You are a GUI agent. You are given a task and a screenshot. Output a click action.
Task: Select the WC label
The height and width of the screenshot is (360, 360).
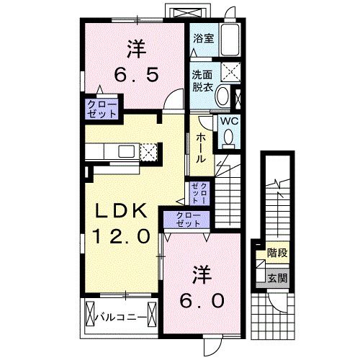tap(228, 121)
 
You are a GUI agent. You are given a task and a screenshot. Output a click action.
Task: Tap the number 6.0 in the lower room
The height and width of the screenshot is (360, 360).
tap(202, 297)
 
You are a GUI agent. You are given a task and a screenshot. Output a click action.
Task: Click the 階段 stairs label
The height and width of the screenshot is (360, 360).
tap(276, 253)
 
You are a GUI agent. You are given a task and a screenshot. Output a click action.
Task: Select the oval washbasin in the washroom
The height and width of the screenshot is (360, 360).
tap(223, 96)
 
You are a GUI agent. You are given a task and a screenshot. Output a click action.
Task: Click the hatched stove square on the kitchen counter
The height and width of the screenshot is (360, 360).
tap(148, 151)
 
